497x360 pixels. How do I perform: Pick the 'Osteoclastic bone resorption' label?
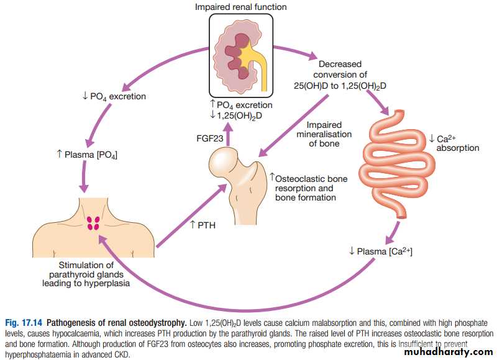311,183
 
